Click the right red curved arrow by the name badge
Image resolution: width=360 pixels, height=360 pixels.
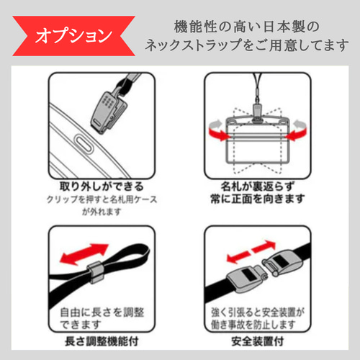295,132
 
